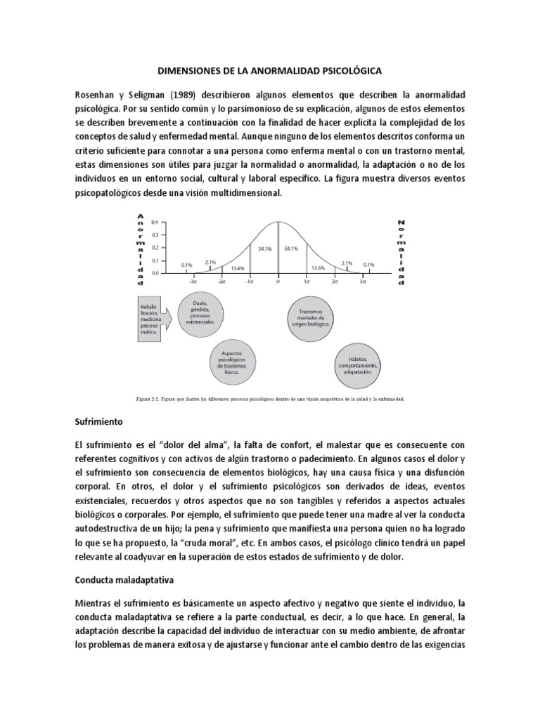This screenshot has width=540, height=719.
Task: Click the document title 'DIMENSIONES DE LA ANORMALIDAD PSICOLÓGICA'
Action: pos(269,71)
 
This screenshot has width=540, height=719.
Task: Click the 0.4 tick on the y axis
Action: pos(155,222)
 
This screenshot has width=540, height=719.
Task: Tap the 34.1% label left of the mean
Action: pos(264,248)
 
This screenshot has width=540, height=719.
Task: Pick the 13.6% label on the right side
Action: pos(319,268)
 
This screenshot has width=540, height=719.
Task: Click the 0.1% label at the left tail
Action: pos(186,265)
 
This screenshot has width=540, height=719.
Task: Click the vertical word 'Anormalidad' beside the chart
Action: pos(141,249)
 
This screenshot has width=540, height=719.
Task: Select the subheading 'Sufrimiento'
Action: pos(99,423)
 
